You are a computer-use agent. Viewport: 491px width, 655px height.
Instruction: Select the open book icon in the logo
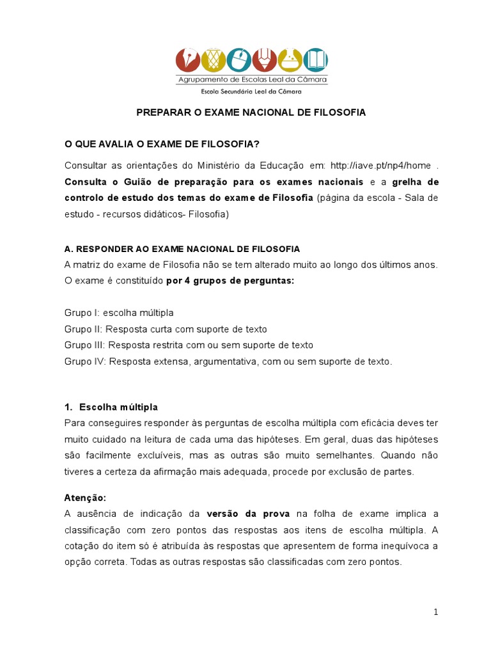(315, 61)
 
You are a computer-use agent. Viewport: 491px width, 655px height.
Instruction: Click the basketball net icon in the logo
(214, 61)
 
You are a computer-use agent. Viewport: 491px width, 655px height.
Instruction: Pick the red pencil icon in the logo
(264, 61)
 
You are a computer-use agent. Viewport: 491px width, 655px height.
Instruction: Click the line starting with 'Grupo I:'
(119, 313)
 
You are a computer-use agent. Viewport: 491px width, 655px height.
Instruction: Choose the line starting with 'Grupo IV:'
(227, 361)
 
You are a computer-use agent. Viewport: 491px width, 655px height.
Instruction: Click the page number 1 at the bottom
(435, 612)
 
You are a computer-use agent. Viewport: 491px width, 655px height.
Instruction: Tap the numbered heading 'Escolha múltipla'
(118, 407)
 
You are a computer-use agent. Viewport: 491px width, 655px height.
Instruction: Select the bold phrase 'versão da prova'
(248, 514)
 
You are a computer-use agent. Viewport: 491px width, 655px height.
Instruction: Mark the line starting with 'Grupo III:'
(189, 345)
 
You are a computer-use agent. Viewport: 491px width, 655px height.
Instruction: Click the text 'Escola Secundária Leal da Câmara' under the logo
(251, 91)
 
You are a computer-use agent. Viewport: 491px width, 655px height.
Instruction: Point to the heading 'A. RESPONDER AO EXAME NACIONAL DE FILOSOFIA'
(182, 249)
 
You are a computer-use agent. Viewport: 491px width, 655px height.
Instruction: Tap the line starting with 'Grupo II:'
(166, 329)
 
